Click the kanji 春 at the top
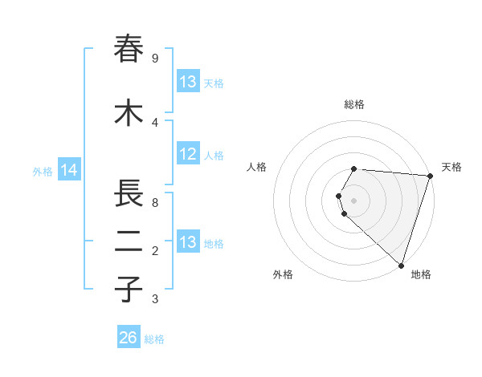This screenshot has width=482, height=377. [x=129, y=49]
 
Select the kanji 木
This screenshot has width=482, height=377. [x=129, y=112]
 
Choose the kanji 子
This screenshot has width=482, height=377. [x=129, y=290]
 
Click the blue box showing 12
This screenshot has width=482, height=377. [x=187, y=154]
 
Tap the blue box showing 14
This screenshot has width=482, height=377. [x=69, y=170]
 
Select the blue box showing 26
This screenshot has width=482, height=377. [x=128, y=338]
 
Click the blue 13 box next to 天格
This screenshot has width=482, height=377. [x=187, y=82]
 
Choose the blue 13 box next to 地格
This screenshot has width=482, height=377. [x=187, y=242]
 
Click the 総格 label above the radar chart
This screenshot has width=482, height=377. [x=354, y=104]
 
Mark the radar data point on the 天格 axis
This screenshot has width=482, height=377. [x=430, y=176]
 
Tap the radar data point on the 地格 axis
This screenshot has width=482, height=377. [x=401, y=265]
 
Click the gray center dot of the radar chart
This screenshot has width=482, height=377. [x=354, y=200]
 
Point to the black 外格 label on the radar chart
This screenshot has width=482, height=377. [x=283, y=274]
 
